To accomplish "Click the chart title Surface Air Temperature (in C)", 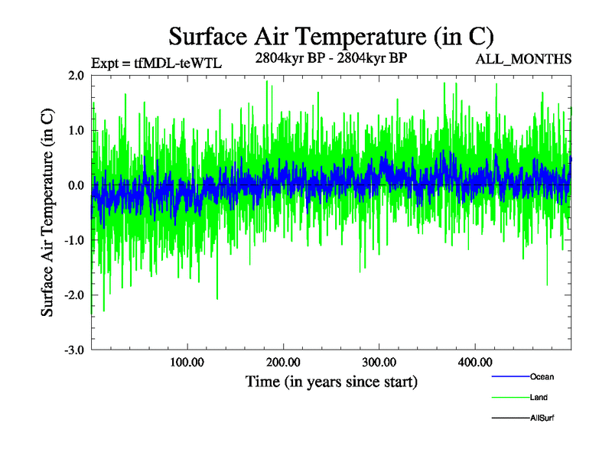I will coord(330,36).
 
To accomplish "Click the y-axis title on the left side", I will coord(47,213).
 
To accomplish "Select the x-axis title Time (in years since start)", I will coord(331,381).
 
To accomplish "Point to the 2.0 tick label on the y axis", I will coord(76,76).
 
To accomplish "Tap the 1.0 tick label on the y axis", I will coord(76,131).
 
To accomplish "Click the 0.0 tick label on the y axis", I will coord(76,186).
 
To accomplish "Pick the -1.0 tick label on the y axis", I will coord(73,240).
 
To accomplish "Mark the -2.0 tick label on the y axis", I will coord(73,295).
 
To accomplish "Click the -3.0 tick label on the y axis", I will coord(73,350).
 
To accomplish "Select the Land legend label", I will coord(539,397).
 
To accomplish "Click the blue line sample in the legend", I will coord(509,376).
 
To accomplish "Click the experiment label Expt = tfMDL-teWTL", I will coord(156,63).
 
